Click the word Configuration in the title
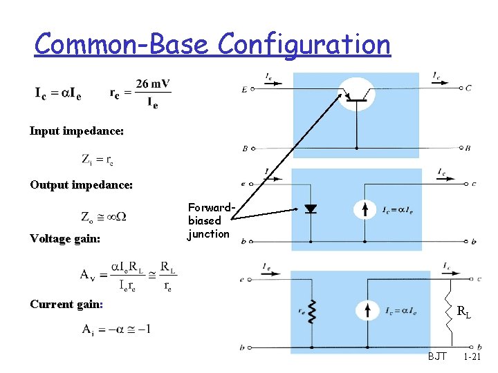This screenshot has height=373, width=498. click(304, 45)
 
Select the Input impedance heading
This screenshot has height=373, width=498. click(77, 131)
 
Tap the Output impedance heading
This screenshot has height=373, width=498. click(81, 184)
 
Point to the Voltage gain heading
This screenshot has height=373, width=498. click(65, 238)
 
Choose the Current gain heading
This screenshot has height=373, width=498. click(66, 304)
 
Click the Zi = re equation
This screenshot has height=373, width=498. click(98, 160)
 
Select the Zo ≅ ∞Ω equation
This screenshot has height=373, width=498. click(103, 216)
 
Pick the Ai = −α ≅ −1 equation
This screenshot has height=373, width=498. click(116, 329)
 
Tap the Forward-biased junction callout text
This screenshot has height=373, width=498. click(208, 220)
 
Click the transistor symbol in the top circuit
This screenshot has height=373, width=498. click(356, 93)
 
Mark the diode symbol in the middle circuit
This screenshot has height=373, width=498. click(311, 209)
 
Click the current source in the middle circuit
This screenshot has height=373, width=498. click(365, 209)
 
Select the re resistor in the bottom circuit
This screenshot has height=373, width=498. click(312, 312)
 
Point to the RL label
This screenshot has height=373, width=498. click(464, 312)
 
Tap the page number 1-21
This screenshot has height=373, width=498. click(472, 357)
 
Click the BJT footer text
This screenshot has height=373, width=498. click(437, 357)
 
